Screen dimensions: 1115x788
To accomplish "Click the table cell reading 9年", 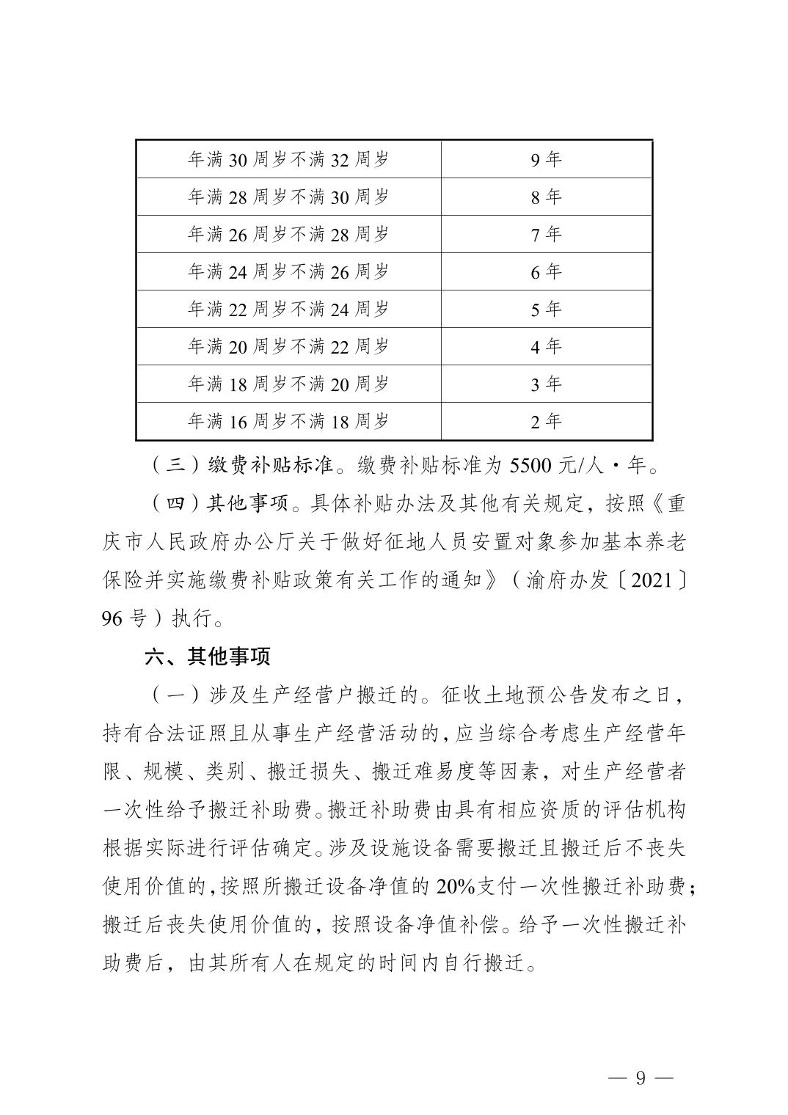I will [x=546, y=159].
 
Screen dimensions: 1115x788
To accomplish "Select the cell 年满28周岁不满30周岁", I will [x=288, y=197].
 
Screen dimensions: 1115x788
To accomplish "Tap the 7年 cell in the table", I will [x=546, y=234].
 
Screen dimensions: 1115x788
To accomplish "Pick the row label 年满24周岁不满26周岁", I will [x=288, y=271].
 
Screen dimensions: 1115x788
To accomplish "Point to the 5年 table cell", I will [x=546, y=309].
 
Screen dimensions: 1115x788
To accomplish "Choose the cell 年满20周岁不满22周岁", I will [x=288, y=346].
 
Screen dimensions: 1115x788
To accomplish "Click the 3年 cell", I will [x=546, y=384].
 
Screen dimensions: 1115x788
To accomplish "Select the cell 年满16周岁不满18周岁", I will [x=288, y=421].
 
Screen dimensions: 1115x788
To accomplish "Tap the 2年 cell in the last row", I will [x=546, y=421].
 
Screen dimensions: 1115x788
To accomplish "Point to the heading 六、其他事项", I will [x=208, y=655].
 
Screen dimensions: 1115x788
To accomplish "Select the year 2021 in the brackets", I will [x=647, y=580].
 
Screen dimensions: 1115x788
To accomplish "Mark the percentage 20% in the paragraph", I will [x=455, y=886].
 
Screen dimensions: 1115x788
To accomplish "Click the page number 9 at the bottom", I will [x=640, y=1078].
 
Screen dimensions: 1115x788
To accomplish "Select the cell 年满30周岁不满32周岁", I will [x=288, y=159].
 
